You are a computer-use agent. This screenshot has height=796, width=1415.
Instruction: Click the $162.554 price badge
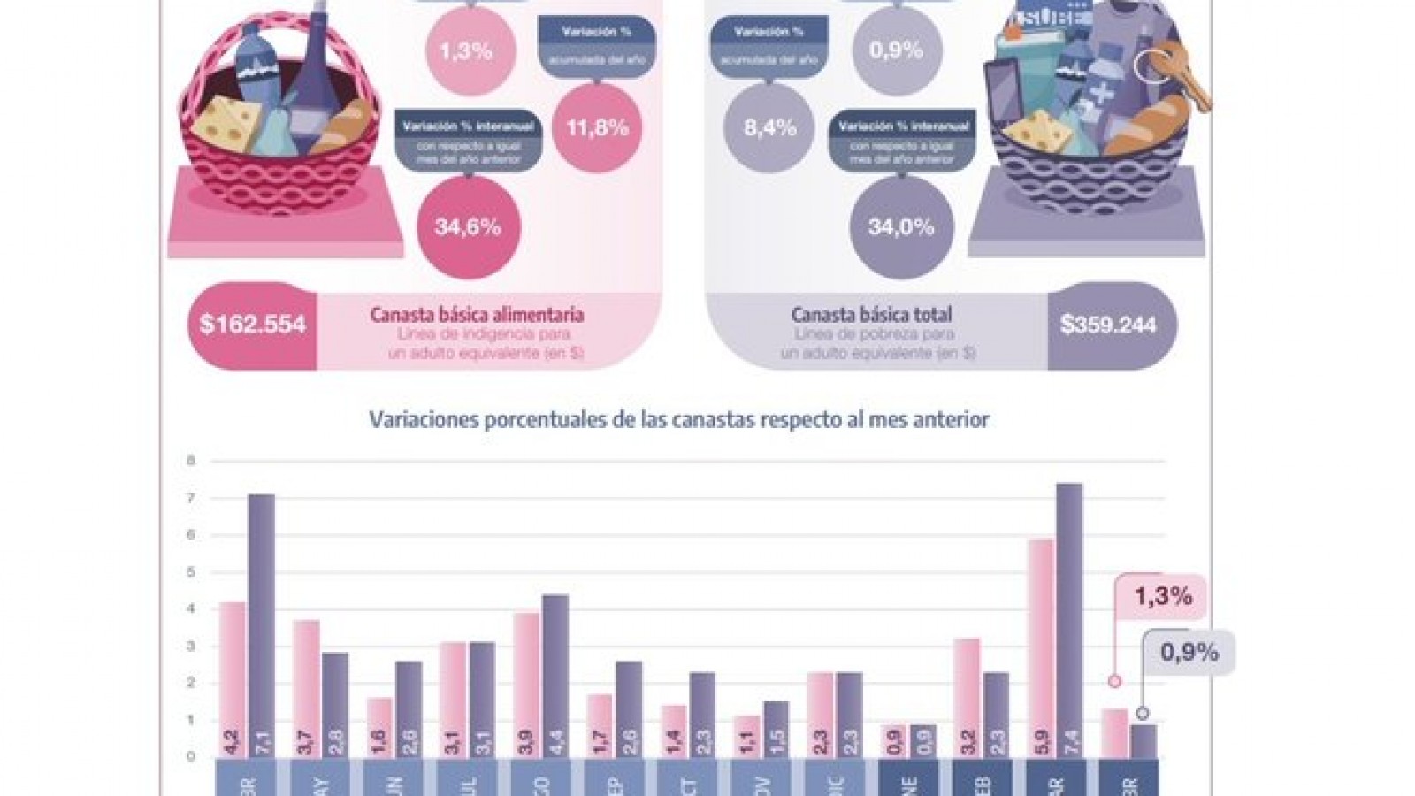click(253, 325)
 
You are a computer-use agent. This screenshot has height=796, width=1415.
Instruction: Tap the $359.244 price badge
click(1108, 325)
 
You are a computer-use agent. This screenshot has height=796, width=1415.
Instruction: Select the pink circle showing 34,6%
click(468, 227)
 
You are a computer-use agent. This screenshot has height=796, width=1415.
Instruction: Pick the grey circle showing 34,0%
click(901, 227)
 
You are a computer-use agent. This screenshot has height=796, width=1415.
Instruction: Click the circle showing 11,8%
click(597, 127)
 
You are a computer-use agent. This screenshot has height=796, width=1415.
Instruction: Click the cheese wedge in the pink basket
click(228, 123)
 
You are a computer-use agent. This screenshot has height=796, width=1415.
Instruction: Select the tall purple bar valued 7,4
click(1068, 619)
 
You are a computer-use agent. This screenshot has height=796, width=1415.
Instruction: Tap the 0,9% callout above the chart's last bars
click(1189, 654)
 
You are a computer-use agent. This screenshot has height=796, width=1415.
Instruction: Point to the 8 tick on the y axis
click(190, 461)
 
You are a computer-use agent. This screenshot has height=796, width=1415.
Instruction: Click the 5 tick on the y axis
click(190, 572)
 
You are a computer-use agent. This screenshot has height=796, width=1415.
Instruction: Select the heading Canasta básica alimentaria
click(477, 315)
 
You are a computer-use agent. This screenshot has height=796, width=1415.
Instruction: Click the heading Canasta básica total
click(871, 315)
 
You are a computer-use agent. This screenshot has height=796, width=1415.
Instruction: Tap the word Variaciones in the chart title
click(424, 420)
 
